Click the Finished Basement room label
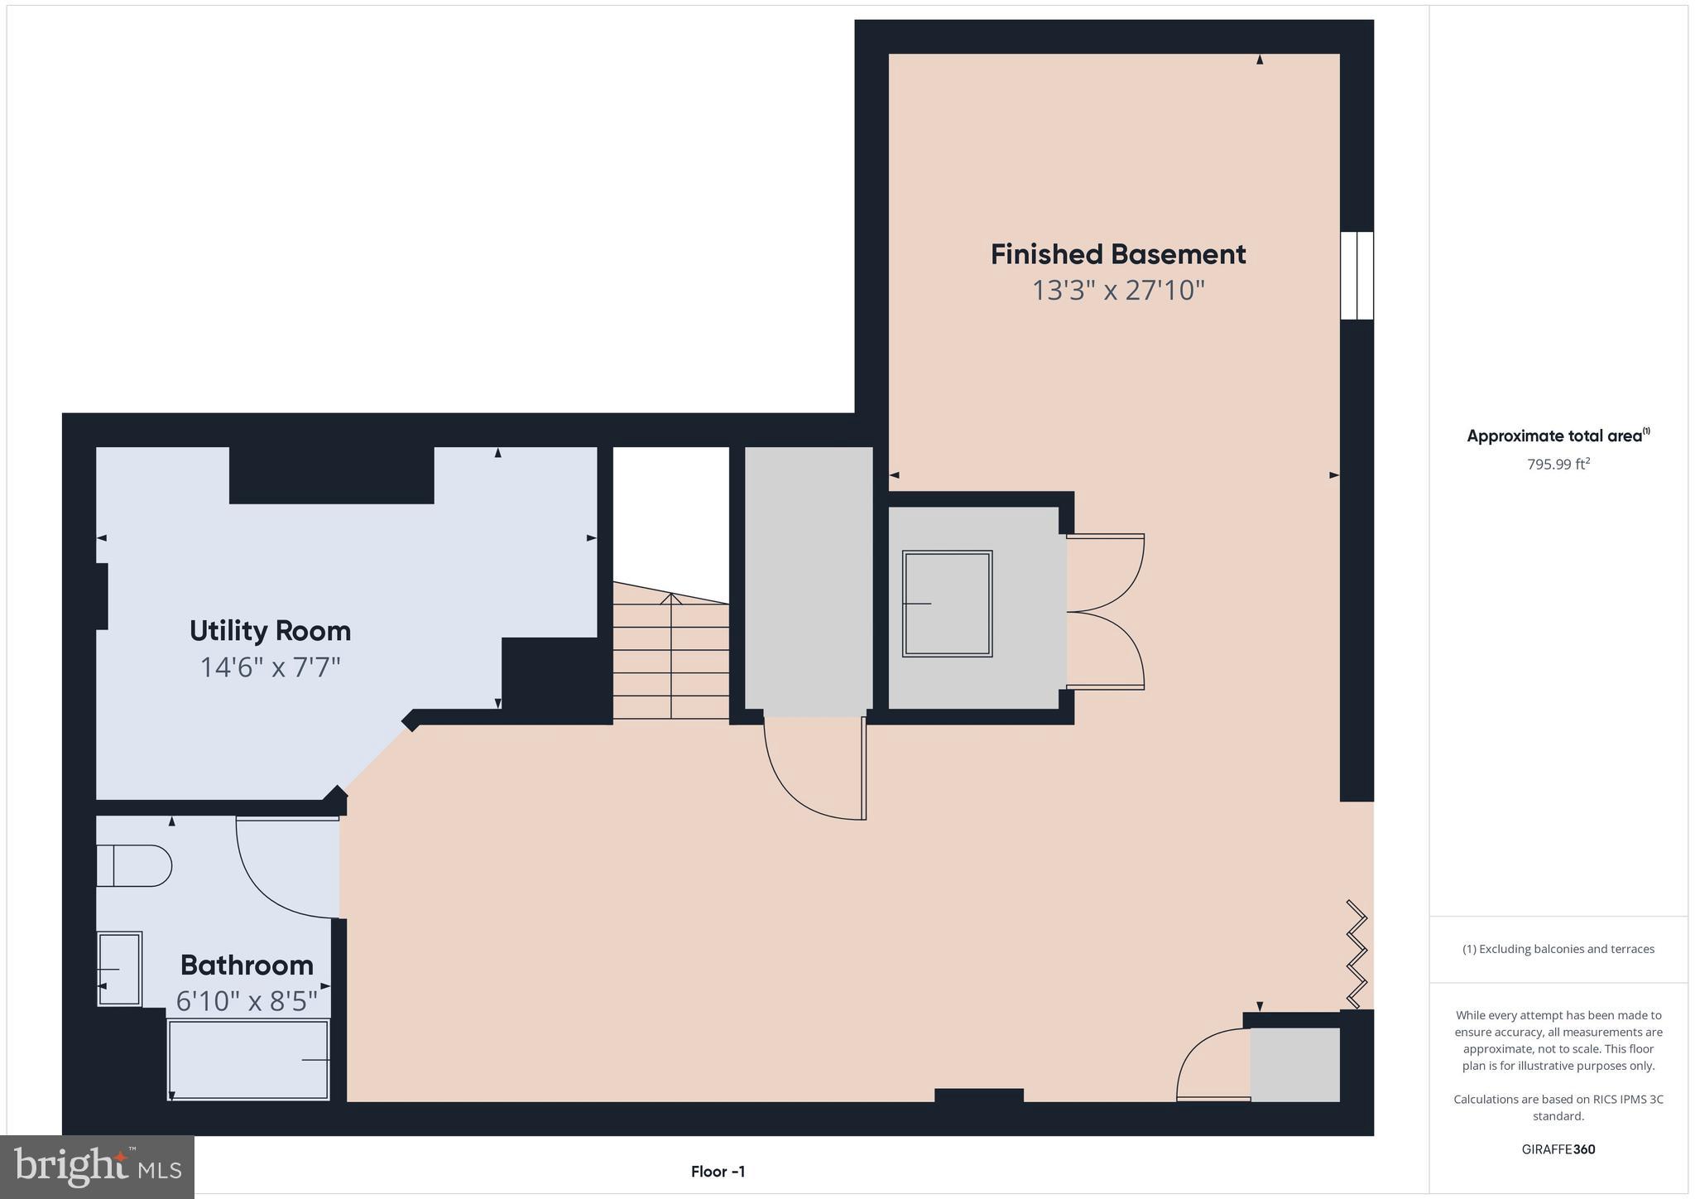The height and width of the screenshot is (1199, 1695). click(x=1117, y=254)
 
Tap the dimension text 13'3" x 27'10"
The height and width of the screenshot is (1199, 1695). click(x=1117, y=291)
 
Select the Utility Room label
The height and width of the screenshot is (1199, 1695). click(x=270, y=631)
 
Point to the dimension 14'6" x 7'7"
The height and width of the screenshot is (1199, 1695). click(x=270, y=667)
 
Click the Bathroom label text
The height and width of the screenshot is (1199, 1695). click(x=247, y=965)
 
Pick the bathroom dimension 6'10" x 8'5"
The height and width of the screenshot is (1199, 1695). click(x=247, y=1002)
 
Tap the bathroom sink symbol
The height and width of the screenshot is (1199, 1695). click(x=120, y=969)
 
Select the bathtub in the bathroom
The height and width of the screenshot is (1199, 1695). click(x=248, y=1060)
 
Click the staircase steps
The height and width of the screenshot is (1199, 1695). click(x=670, y=658)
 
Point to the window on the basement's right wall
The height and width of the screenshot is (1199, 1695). click(x=1356, y=275)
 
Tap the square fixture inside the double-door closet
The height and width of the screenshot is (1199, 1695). click(x=947, y=604)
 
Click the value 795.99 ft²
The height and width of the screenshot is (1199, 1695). click(x=1558, y=465)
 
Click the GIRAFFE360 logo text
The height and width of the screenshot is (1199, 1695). click(x=1558, y=1149)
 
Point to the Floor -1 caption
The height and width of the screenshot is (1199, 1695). click(x=718, y=1172)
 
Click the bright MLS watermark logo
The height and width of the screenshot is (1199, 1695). click(x=97, y=1167)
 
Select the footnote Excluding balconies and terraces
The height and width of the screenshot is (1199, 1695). click(x=1558, y=949)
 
